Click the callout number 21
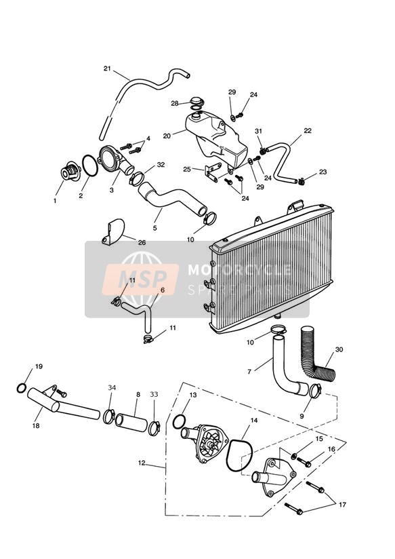click(107, 68)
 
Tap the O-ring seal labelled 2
click(89, 166)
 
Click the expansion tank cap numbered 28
click(196, 102)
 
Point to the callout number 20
click(167, 136)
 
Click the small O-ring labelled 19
click(22, 388)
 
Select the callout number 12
click(142, 463)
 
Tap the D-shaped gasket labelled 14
click(239, 455)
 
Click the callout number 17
click(342, 505)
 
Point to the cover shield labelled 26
click(113, 232)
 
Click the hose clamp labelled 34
click(108, 417)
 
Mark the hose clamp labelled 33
click(154, 428)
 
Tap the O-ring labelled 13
click(179, 422)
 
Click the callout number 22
click(308, 130)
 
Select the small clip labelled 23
click(302, 182)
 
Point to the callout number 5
click(155, 228)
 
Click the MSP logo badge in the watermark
click(140, 279)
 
